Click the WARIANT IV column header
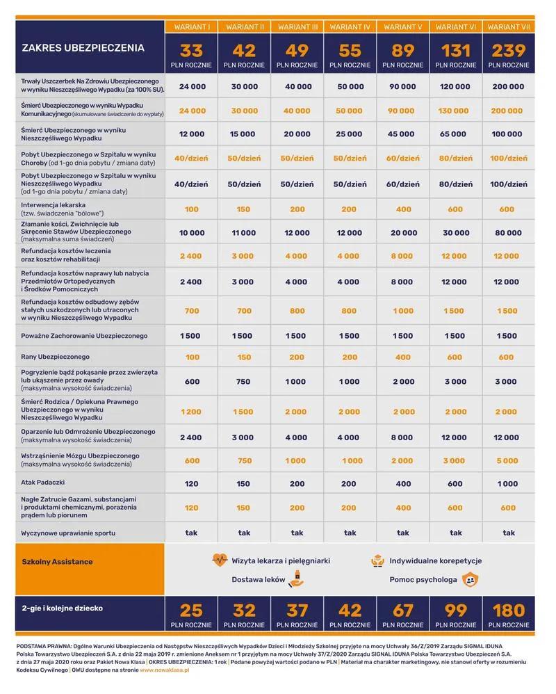350,26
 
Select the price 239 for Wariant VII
508,51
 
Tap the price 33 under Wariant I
192,51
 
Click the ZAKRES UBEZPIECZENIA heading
83,48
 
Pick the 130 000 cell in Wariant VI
455,111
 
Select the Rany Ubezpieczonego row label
56,357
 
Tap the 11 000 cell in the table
244,232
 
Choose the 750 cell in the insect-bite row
244,381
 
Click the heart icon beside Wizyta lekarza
220,560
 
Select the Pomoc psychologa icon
471,579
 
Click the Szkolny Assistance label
57,561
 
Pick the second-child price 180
508,611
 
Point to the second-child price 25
192,611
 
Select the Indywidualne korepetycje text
436,560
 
